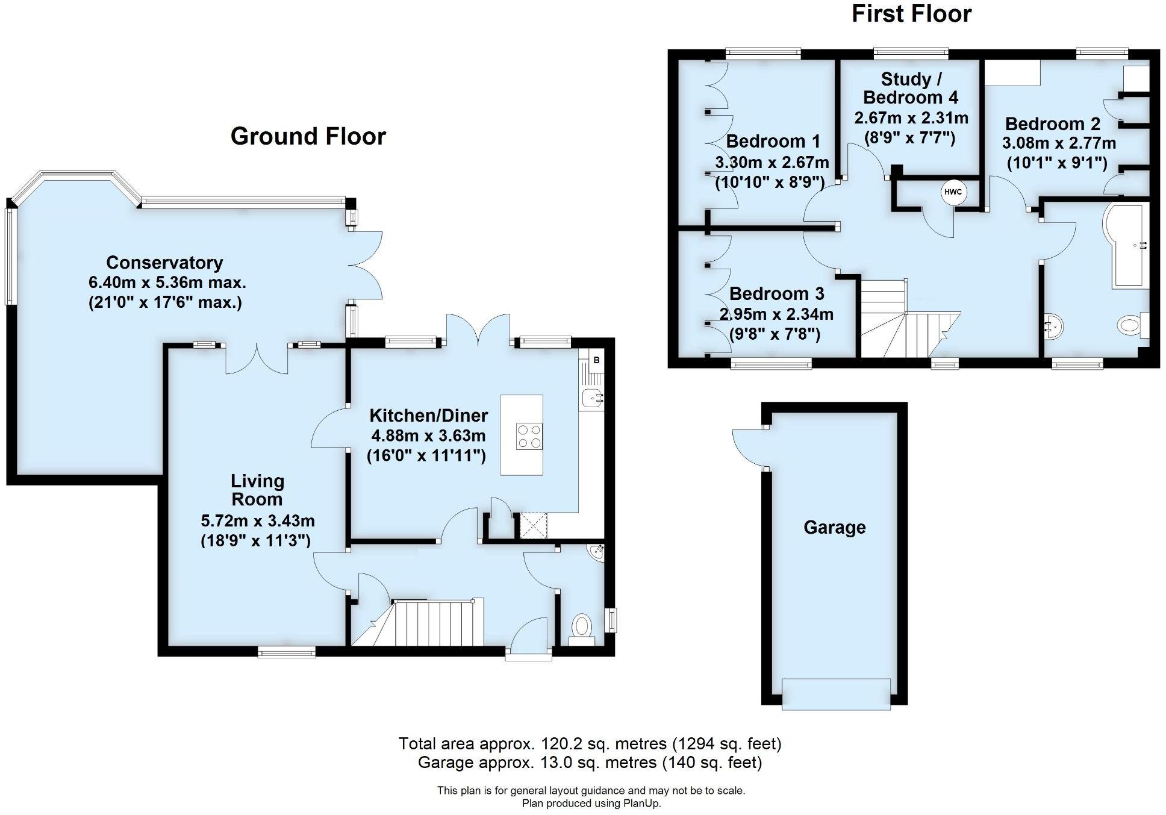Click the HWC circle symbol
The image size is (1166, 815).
coord(953,192)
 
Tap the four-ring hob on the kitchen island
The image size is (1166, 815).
coord(528,436)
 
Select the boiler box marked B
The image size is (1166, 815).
coord(596,361)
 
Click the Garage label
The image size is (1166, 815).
coord(834,528)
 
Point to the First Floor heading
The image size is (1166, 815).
coord(911,14)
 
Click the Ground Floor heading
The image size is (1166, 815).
coord(308,136)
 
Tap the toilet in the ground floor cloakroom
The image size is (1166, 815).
coord(582,627)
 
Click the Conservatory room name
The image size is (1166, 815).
coord(164,263)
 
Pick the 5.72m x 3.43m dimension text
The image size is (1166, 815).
coord(257,520)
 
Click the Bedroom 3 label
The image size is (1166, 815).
coord(776,294)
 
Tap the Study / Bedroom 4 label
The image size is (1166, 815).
coord(911,88)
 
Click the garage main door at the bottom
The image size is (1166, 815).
coord(836,693)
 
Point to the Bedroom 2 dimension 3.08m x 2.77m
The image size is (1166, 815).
coord(1058,144)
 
